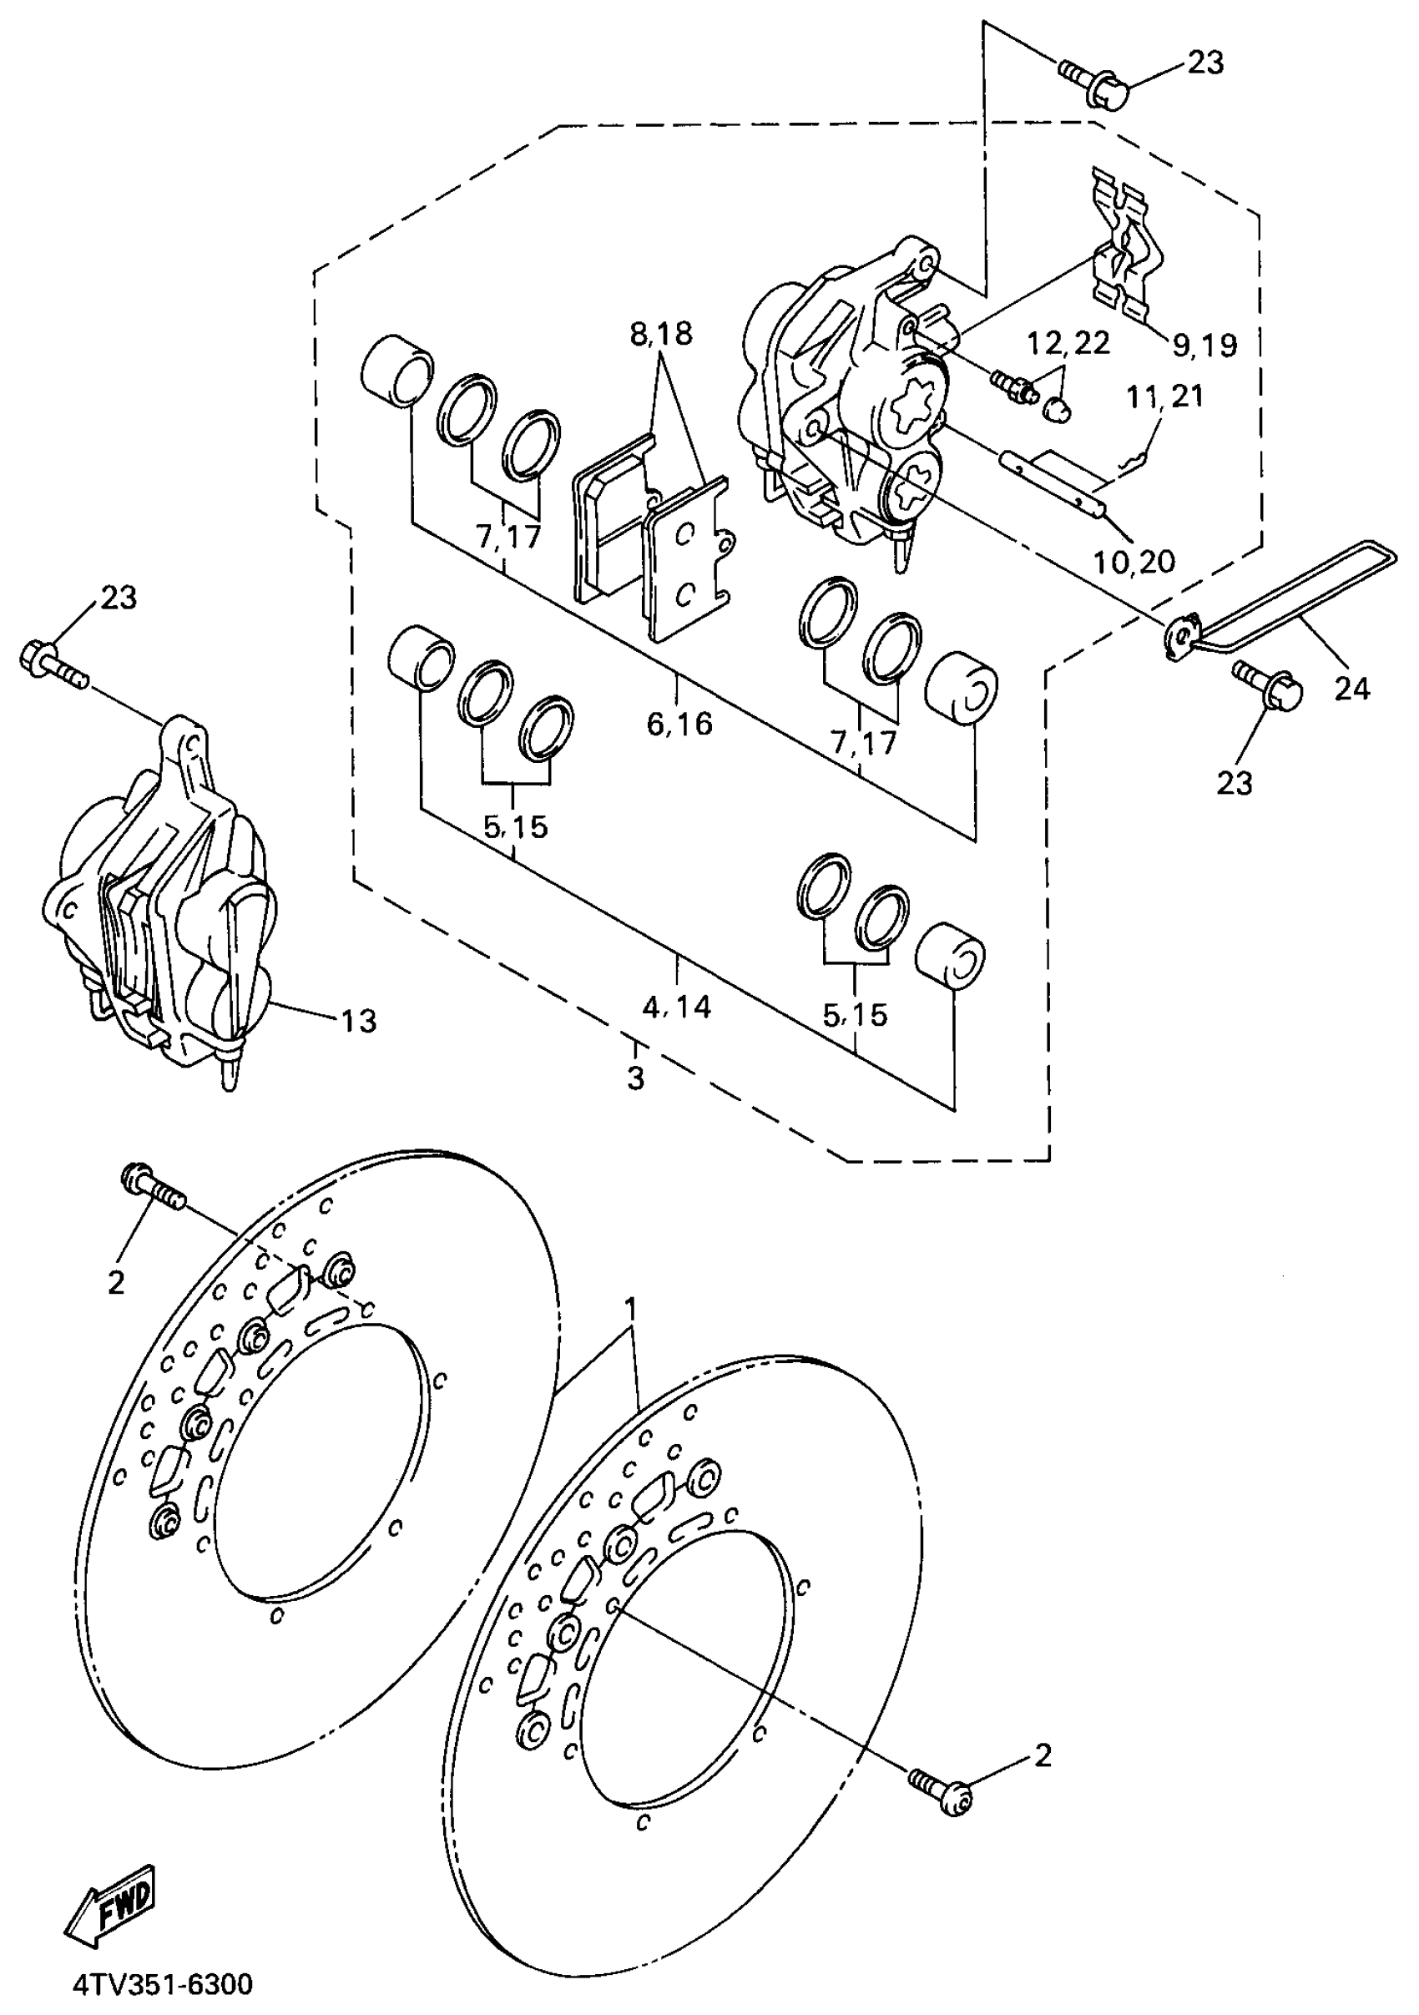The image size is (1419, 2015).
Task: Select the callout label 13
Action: (358, 1021)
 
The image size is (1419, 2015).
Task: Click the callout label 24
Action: (1351, 688)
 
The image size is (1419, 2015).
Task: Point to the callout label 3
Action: (635, 1077)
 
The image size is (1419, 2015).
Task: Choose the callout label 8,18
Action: (661, 334)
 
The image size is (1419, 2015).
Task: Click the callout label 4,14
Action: (676, 1006)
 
